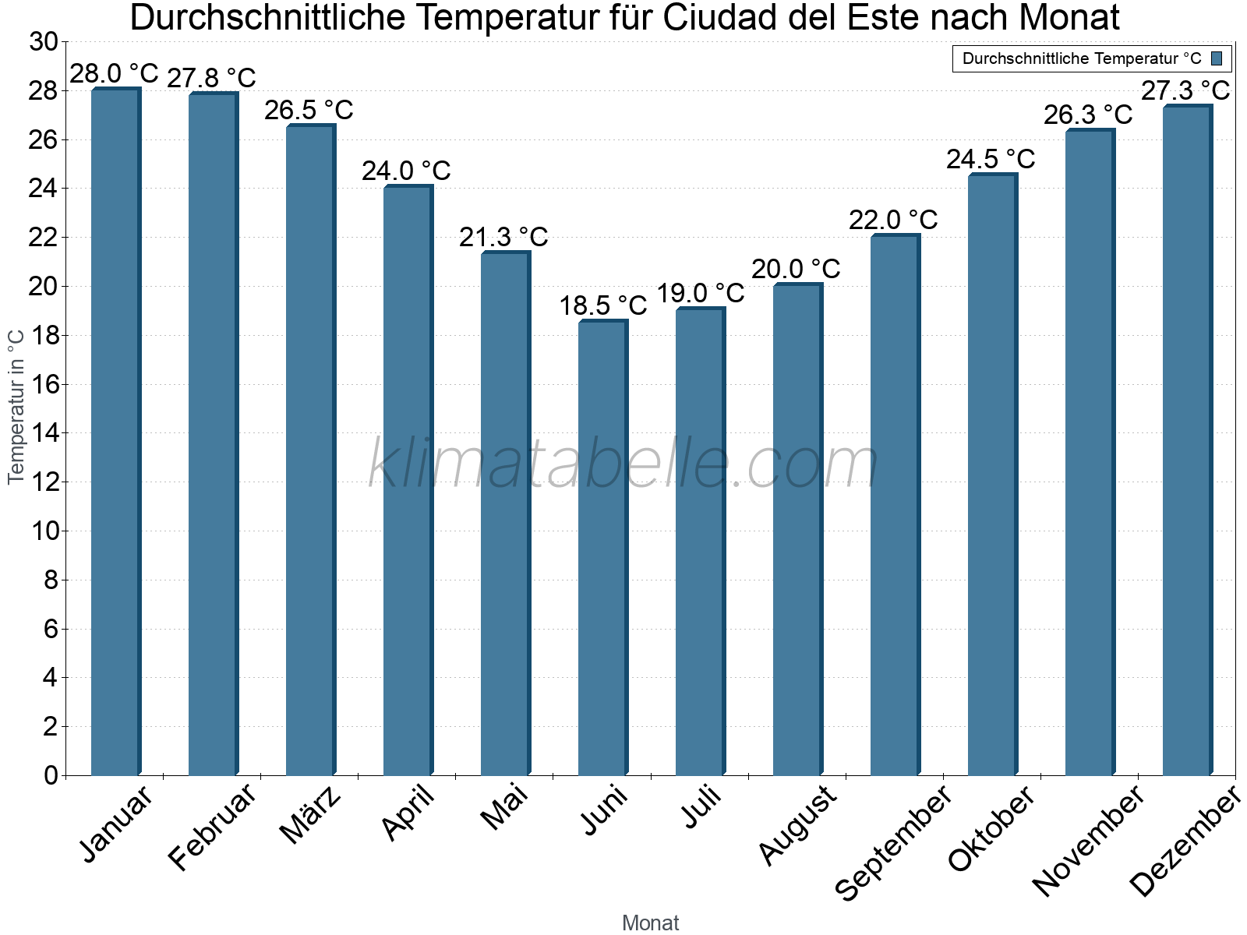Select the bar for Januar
[x=115, y=432]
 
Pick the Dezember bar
[x=1187, y=440]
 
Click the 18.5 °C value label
[x=602, y=305]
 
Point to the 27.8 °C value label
[x=211, y=78]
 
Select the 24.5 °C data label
[x=991, y=160]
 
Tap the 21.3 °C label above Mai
[x=503, y=237]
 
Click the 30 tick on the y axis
[x=44, y=42]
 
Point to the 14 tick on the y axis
[x=44, y=433]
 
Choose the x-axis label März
[x=310, y=815]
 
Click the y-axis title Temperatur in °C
[x=16, y=406]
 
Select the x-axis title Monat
[x=650, y=923]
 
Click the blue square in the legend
[x=1217, y=58]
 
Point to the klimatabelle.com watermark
[x=623, y=464]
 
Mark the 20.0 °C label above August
[x=796, y=270]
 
